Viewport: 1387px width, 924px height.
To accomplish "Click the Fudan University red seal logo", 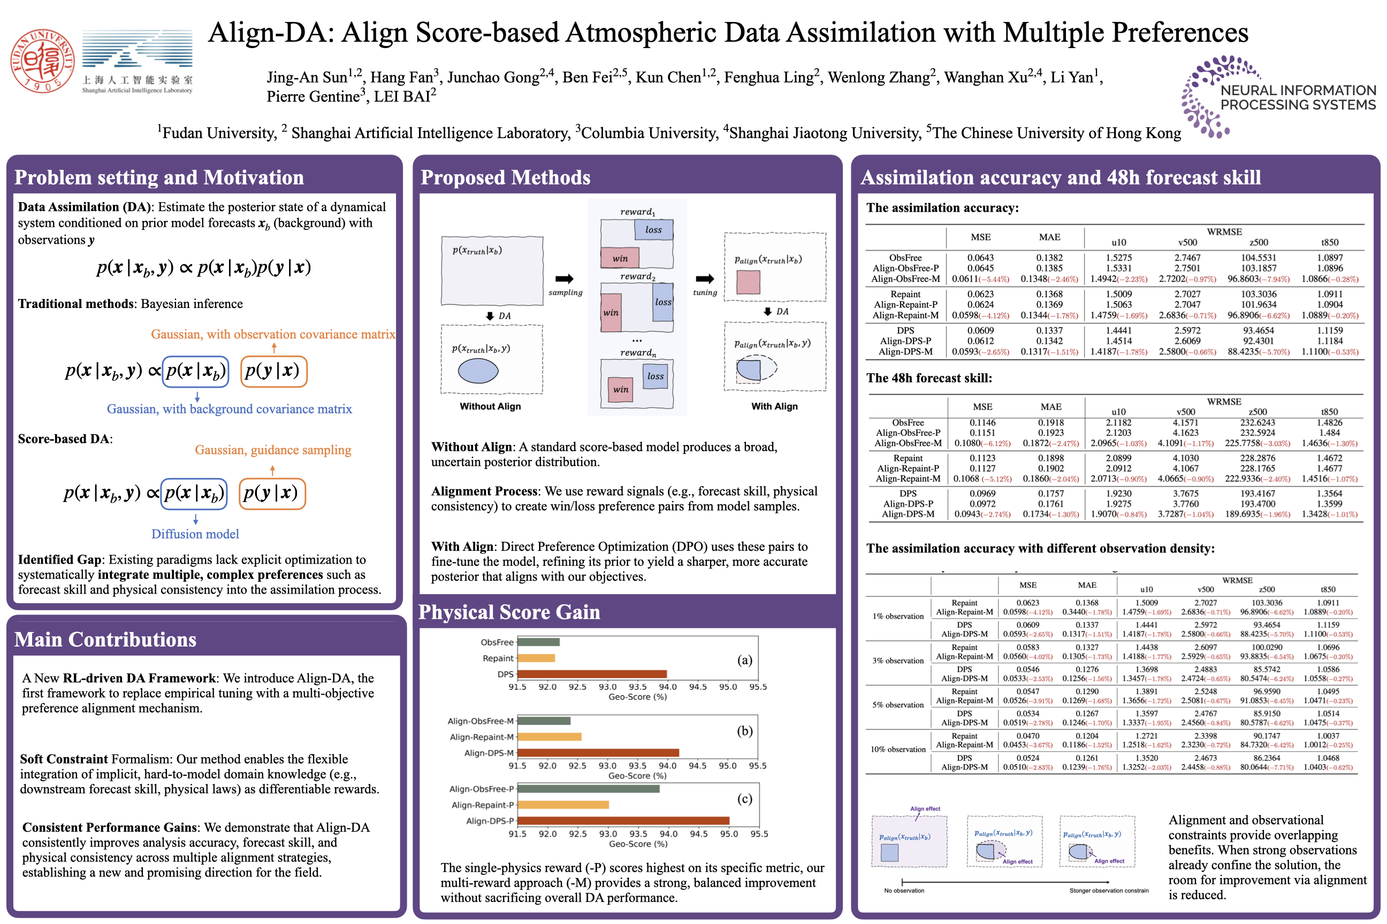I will pyautogui.click(x=42, y=61).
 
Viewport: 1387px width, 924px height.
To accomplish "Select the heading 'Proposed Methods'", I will pyautogui.click(x=505, y=178).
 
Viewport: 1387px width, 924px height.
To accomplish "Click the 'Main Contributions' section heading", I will pyautogui.click(x=105, y=640).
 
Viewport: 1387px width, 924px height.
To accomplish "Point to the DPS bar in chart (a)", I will pyautogui.click(x=591, y=674).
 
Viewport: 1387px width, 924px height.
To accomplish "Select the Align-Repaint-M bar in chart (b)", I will pyautogui.click(x=549, y=737).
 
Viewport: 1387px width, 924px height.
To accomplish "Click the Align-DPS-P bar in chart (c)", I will pyautogui.click(x=623, y=820).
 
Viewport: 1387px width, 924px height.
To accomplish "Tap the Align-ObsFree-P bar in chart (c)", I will pyautogui.click(x=588, y=789).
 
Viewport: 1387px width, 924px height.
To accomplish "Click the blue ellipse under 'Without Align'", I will pyautogui.click(x=478, y=371).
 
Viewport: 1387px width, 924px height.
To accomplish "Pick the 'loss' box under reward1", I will pyautogui.click(x=653, y=230).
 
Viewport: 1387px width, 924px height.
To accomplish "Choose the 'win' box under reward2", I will pyautogui.click(x=611, y=312).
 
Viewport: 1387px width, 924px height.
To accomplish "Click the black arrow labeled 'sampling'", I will pyautogui.click(x=565, y=279).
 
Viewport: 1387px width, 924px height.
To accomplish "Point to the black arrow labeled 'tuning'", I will pyautogui.click(x=705, y=279).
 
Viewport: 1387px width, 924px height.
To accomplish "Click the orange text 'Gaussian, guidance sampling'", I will pyautogui.click(x=273, y=450).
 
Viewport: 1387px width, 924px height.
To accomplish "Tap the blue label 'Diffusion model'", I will pyautogui.click(x=195, y=534).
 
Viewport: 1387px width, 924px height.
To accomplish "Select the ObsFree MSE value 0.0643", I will pyautogui.click(x=980, y=258).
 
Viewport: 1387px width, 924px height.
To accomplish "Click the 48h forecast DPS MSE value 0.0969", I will pyautogui.click(x=982, y=493).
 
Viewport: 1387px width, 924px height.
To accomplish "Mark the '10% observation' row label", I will pyautogui.click(x=897, y=749).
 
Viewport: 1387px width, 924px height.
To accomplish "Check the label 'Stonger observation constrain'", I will pyautogui.click(x=1109, y=890).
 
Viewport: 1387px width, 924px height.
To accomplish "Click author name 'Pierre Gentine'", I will pyautogui.click(x=313, y=97).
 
